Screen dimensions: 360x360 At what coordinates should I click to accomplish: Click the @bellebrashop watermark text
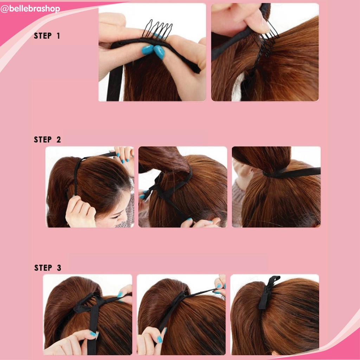[30, 9]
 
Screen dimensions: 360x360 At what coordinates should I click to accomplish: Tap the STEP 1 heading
[47, 36]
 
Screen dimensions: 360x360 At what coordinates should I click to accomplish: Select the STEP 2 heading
[47, 140]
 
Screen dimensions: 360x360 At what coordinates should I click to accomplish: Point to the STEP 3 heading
[47, 268]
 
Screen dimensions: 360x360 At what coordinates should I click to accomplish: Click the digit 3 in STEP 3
[59, 268]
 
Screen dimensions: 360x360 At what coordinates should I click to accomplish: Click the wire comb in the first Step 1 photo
[157, 29]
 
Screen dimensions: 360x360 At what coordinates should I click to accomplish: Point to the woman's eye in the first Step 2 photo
[116, 216]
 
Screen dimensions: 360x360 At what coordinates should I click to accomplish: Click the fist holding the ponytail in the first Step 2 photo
[80, 212]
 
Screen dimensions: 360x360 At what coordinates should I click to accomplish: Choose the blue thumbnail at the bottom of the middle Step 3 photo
[159, 339]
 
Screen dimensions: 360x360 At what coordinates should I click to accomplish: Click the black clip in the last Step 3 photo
[267, 292]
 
